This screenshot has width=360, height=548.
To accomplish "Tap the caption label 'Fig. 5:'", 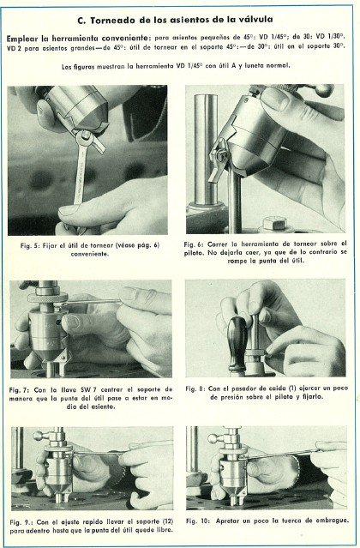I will (x=36, y=244).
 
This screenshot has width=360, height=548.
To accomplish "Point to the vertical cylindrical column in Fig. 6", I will (x=206, y=146).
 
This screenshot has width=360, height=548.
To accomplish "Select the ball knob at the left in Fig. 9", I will (x=39, y=436).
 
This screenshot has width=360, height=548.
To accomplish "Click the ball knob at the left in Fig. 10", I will (x=213, y=437).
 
